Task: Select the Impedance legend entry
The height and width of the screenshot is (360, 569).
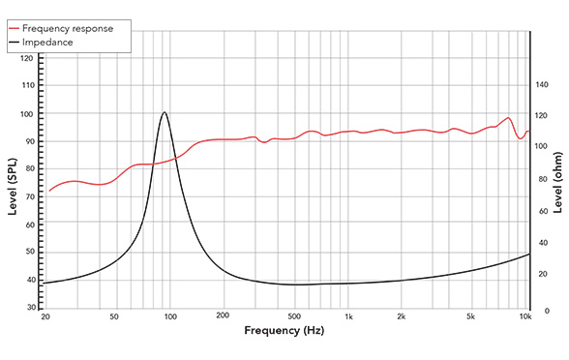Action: [60, 43]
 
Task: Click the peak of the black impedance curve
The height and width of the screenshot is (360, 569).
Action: [165, 112]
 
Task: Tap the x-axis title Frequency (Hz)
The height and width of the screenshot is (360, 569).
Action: [284, 332]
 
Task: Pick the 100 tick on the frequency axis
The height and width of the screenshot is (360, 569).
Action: [169, 316]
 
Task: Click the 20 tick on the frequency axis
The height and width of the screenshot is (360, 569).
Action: [45, 316]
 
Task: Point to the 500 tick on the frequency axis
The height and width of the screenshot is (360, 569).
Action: [293, 316]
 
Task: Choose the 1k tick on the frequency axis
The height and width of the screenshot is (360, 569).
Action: [348, 316]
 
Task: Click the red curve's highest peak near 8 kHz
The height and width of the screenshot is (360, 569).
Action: [508, 118]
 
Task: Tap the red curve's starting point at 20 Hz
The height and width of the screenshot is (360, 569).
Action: [48, 191]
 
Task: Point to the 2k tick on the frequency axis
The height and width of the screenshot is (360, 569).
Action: [402, 316]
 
